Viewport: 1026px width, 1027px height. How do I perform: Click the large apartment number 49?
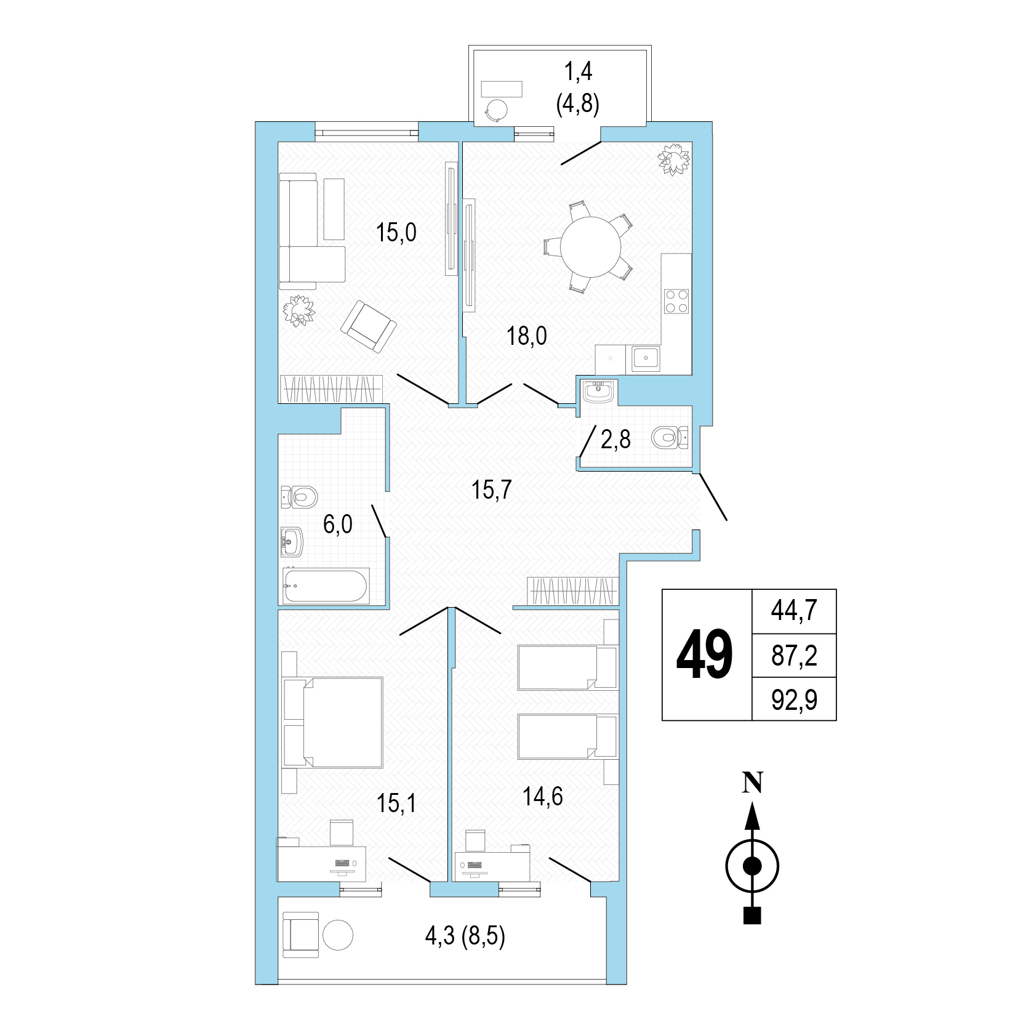(x=705, y=655)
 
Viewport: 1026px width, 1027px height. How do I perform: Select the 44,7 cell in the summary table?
(x=794, y=611)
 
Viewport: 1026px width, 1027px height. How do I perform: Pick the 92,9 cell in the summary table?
(x=794, y=699)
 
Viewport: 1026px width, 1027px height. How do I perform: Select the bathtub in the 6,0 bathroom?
(x=326, y=586)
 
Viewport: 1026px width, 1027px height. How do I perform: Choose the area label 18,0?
(x=527, y=336)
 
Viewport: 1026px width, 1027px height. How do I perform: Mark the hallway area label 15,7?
(x=492, y=490)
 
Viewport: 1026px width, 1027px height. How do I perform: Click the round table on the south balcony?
(x=337, y=938)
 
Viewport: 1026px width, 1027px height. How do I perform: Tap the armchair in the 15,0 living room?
(x=369, y=326)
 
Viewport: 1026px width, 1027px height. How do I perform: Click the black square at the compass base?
(x=752, y=916)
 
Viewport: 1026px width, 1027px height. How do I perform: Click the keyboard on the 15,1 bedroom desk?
(x=343, y=864)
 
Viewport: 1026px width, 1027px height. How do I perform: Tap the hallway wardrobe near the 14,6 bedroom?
(x=572, y=591)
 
